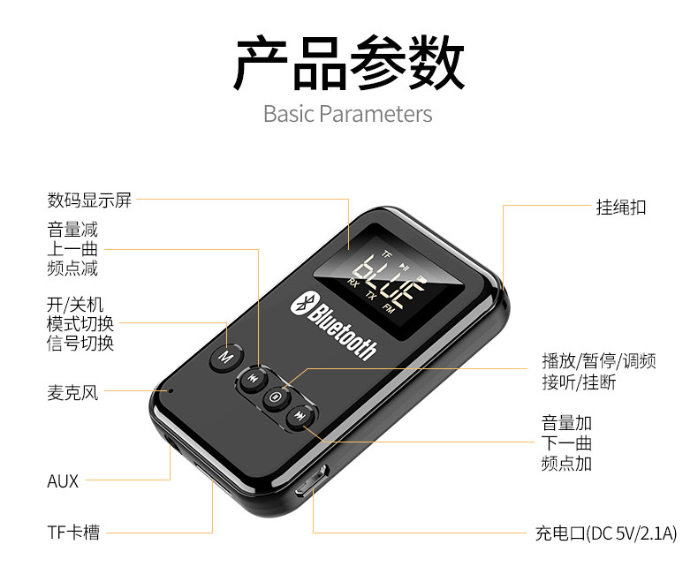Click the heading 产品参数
pyautogui.click(x=348, y=63)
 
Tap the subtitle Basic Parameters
pyautogui.click(x=348, y=114)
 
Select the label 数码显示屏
pyautogui.click(x=89, y=200)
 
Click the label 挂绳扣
pyautogui.click(x=621, y=208)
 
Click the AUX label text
pyautogui.click(x=63, y=481)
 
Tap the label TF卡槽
pyautogui.click(x=73, y=532)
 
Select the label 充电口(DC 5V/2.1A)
pyautogui.click(x=605, y=533)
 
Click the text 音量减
pyautogui.click(x=72, y=231)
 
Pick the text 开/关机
pyautogui.click(x=75, y=305)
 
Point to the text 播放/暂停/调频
pyautogui.click(x=598, y=361)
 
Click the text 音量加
pyautogui.click(x=566, y=423)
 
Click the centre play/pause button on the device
pyautogui.click(x=277, y=397)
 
